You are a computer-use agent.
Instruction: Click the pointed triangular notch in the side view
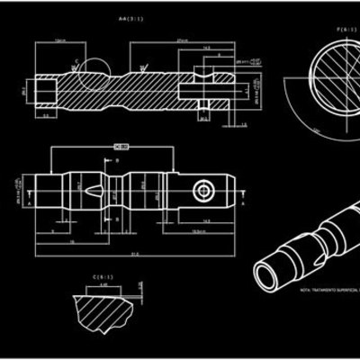(94, 192)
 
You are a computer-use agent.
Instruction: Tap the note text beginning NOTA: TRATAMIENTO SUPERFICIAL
(328, 292)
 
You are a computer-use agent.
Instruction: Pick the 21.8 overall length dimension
(135, 255)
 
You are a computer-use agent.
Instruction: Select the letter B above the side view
(118, 160)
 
